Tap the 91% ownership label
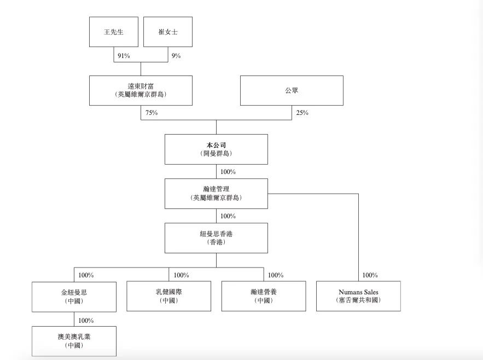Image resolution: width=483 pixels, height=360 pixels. pos(124,56)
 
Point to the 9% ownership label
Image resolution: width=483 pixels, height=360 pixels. pos(176,56)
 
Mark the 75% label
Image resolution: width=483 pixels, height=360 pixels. pos(152,113)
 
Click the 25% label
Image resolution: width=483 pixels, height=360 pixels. pos(302,113)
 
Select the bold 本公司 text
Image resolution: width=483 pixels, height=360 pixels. pos(216,145)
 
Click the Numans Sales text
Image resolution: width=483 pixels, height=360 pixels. pos(358,292)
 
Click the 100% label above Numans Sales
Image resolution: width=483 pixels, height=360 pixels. pos(370,275)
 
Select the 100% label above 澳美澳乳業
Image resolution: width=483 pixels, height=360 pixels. pos(86,321)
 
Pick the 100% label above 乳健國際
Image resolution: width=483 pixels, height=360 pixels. pos(182,275)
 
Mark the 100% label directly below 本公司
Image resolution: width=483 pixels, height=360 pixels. pos(228,172)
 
